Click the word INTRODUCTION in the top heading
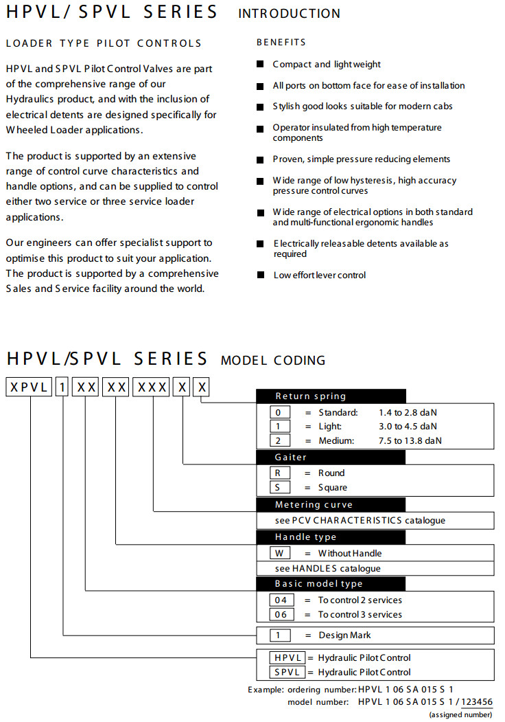click(x=289, y=13)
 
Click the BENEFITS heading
click(x=281, y=43)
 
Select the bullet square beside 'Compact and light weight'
click(x=260, y=65)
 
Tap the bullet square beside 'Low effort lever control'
click(x=260, y=275)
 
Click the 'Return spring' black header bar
click(x=331, y=396)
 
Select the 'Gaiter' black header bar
click(x=331, y=457)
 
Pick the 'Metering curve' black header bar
click(x=331, y=505)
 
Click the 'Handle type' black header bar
click(x=331, y=537)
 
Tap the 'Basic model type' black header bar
click(x=331, y=584)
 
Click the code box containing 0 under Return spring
click(x=279, y=413)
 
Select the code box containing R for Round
click(x=279, y=473)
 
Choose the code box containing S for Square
click(x=279, y=488)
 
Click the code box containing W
click(x=279, y=554)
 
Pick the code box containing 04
click(x=280, y=600)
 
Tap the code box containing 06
click(x=280, y=615)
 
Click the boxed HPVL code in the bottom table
click(x=287, y=658)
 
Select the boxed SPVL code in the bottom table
click(x=287, y=673)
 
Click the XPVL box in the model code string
click(x=29, y=387)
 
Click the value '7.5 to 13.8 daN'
click(x=410, y=441)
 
